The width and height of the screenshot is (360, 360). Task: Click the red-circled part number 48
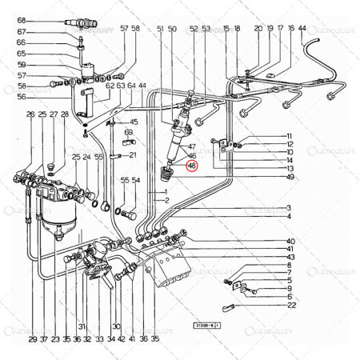tap(191, 166)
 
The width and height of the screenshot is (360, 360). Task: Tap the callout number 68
tap(22, 19)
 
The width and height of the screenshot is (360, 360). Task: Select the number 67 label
tap(22, 32)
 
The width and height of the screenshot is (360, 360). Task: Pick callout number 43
tap(290, 257)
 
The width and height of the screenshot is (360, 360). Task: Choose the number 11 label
tap(290, 136)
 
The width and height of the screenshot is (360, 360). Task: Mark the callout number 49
tap(290, 178)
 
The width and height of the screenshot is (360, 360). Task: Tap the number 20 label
tap(258, 29)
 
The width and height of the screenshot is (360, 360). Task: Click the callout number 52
tap(194, 29)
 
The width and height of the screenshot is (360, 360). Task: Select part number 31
tap(82, 326)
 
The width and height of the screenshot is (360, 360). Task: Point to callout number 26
tap(30, 115)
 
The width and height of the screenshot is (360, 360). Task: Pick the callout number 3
tap(289, 208)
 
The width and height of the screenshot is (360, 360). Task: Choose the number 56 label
tap(22, 97)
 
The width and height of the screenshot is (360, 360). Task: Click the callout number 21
tap(133, 154)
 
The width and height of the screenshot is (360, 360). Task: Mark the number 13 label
tap(290, 169)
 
